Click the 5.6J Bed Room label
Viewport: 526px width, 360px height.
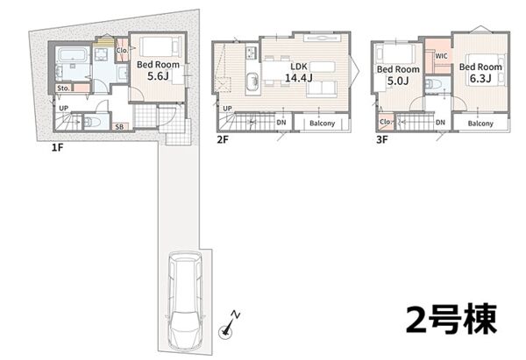158,70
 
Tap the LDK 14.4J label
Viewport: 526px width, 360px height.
299,72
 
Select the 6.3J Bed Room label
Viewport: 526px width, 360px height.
480,73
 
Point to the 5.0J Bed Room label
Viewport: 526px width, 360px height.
398,74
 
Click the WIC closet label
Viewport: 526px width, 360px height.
441,56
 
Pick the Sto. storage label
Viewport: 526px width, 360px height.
63,88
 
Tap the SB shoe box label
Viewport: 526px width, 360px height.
119,127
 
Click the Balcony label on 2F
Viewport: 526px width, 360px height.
322,123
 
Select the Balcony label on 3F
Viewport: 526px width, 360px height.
480,124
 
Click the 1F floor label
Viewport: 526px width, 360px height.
57,147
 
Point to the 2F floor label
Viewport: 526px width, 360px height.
223,139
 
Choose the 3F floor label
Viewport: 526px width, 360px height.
381,139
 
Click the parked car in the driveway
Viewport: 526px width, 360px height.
185,301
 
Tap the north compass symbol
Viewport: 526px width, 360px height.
229,324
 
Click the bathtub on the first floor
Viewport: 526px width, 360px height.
72,54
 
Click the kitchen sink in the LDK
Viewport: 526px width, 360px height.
252,81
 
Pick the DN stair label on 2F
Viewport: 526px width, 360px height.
281,123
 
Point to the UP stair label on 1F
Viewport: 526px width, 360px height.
63,109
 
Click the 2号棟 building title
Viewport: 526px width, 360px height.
451,319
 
